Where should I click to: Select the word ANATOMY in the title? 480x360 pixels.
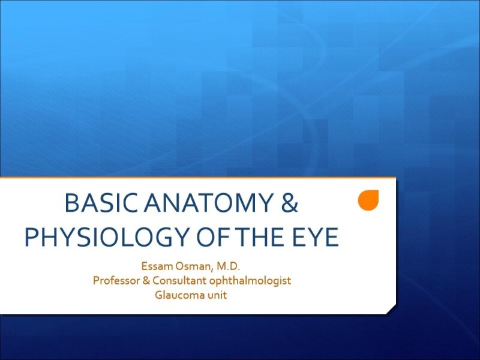tap(199, 205)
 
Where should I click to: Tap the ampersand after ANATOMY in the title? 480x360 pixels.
tap(289, 205)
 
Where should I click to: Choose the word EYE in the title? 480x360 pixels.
tap(317, 238)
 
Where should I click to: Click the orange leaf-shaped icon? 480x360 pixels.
tap(368, 201)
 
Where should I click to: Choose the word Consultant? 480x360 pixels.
tap(181, 281)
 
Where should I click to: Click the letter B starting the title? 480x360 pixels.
tap(71, 205)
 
